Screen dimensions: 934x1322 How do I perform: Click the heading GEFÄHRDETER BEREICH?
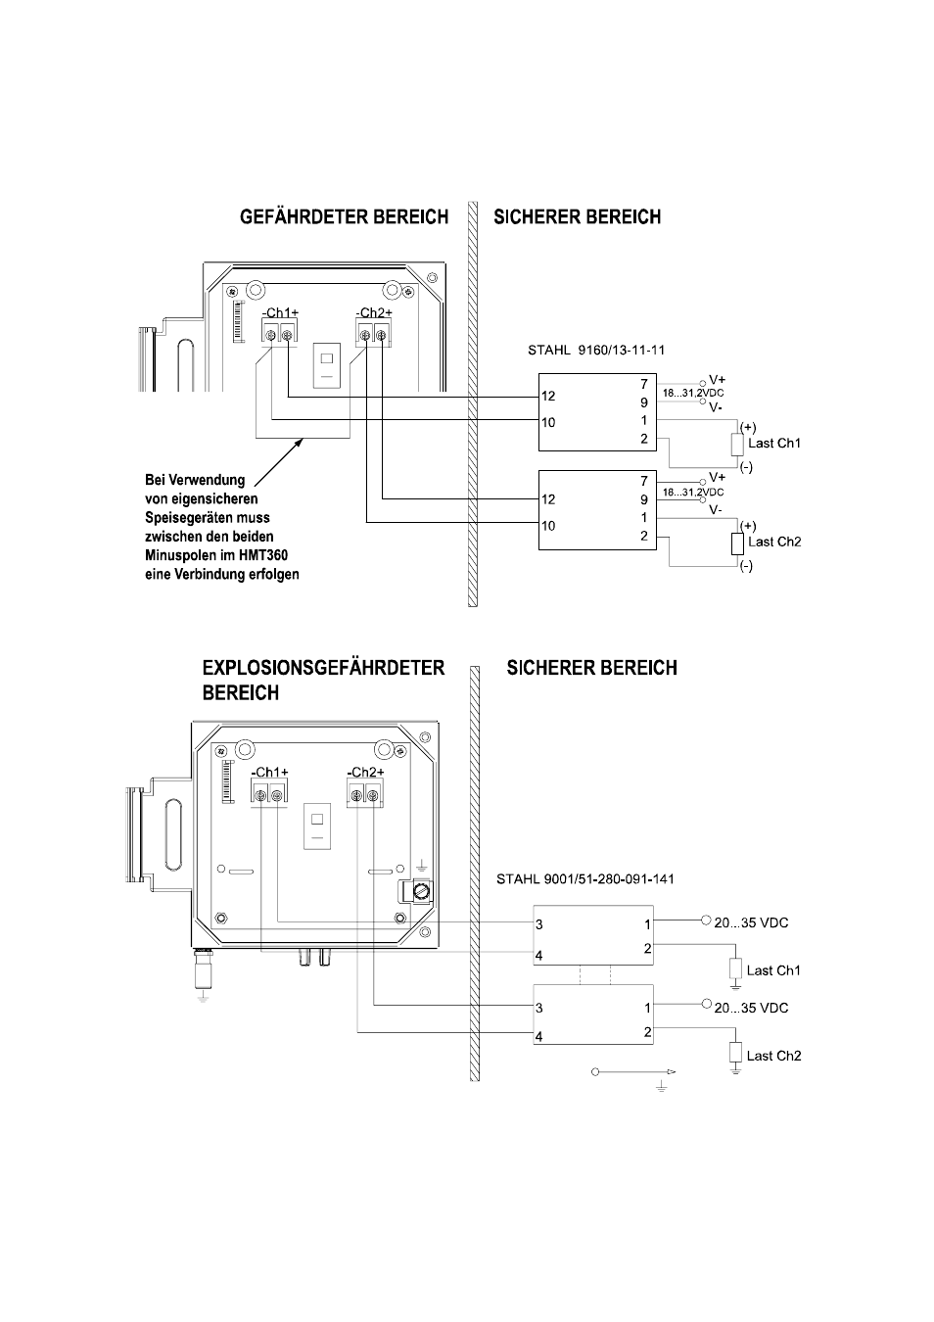344,217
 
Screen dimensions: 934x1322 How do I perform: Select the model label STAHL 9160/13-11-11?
596,350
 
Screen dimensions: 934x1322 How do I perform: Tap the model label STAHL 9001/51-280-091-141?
584,878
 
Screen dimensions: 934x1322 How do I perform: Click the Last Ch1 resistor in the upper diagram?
737,445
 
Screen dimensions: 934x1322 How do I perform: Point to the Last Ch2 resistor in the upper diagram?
737,543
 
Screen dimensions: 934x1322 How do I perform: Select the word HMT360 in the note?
265,555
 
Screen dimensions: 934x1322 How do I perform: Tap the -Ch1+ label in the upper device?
280,312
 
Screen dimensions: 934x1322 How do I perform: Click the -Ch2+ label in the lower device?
364,772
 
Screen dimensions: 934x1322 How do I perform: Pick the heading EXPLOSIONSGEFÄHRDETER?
323,668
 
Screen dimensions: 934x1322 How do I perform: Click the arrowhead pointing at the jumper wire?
300,442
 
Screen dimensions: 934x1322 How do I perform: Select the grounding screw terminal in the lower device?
421,892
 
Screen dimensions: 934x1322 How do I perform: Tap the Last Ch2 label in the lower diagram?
773,1056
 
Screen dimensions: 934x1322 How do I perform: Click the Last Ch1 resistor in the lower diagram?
735,968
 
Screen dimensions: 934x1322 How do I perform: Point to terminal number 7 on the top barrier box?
644,384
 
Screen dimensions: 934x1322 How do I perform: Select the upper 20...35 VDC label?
751,923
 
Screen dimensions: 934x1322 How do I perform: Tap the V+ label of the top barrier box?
717,380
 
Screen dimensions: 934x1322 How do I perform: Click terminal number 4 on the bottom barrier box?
538,1036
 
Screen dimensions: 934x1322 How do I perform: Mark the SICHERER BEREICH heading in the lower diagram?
591,668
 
